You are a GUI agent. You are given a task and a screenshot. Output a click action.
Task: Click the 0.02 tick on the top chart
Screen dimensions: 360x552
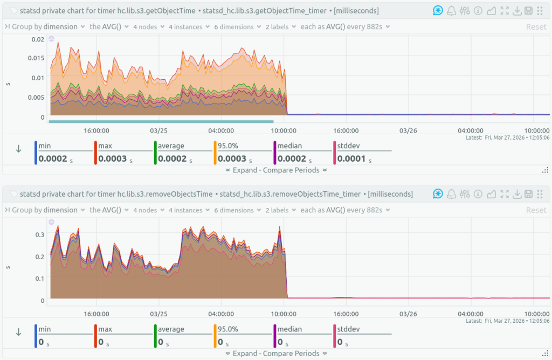37,39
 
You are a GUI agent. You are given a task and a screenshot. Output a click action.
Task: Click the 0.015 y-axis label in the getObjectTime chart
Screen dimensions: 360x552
36,58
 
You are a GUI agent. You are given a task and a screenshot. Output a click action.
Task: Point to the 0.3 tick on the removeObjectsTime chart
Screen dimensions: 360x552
39,234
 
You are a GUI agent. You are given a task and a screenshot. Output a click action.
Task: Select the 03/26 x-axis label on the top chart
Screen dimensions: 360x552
408,130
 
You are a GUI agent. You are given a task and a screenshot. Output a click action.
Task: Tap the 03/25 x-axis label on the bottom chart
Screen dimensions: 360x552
158,314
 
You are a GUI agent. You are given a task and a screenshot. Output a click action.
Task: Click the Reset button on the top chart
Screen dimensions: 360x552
536,27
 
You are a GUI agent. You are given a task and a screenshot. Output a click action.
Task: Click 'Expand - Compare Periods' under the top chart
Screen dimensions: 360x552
276,170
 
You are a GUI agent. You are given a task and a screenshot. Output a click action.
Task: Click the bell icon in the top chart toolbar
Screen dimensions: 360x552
450,11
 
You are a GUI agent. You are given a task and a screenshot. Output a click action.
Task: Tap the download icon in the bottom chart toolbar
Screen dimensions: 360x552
517,194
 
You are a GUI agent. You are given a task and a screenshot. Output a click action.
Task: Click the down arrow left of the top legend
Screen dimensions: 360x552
18,149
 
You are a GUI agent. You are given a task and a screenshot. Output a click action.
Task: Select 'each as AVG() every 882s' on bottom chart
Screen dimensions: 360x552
345,210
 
